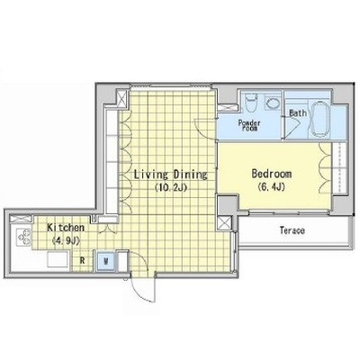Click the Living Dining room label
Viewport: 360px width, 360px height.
(170, 175)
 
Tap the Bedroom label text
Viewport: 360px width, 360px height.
(272, 174)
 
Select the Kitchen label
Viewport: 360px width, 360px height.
(66, 228)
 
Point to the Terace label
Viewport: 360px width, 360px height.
(292, 230)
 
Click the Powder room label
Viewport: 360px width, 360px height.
(249, 125)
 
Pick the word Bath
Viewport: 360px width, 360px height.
(298, 113)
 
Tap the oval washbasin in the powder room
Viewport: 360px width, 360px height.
(273, 103)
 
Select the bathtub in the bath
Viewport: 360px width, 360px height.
(319, 119)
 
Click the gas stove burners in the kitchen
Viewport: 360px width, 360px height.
(24, 237)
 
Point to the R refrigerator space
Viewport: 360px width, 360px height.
(82, 260)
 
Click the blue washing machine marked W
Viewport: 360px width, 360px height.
(105, 261)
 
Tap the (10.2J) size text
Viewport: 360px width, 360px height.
(171, 188)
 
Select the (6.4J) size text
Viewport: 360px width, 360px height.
(271, 187)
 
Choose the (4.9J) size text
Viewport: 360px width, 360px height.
(65, 240)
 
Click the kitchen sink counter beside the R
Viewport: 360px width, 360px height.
(58, 259)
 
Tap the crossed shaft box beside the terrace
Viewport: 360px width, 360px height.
(224, 223)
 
